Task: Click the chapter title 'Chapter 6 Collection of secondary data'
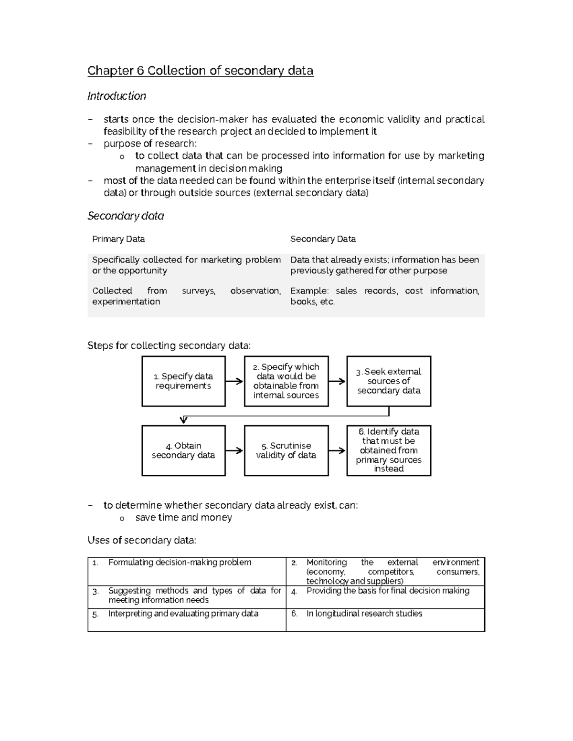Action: (x=200, y=71)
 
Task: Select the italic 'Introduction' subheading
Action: (x=117, y=96)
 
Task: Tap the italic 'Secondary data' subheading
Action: (x=126, y=216)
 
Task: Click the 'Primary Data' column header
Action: (x=118, y=239)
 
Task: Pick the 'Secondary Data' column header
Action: (x=323, y=239)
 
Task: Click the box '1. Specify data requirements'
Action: (x=183, y=381)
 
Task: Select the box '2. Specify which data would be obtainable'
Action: (x=286, y=381)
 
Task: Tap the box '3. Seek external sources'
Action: (x=389, y=381)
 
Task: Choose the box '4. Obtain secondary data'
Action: (x=183, y=450)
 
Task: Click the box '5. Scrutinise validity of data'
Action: (x=286, y=450)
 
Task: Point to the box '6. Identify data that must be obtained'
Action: (x=389, y=450)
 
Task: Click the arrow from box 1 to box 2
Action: (x=234, y=381)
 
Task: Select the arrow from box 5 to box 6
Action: (x=337, y=450)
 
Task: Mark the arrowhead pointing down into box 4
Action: (x=183, y=420)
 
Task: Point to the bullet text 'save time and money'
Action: (x=183, y=518)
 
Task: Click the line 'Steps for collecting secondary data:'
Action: (x=169, y=345)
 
